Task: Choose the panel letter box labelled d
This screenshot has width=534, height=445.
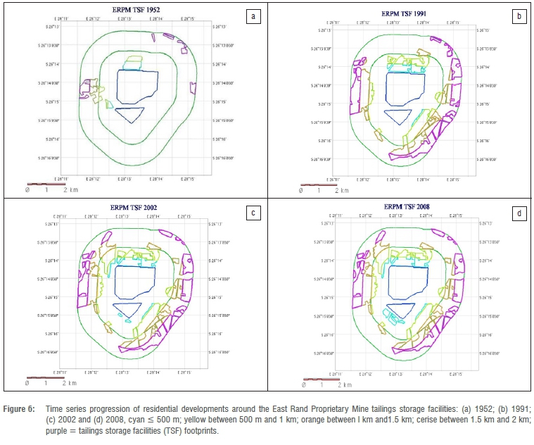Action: [519, 210]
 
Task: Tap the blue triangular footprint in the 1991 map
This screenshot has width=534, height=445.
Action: [398, 113]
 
